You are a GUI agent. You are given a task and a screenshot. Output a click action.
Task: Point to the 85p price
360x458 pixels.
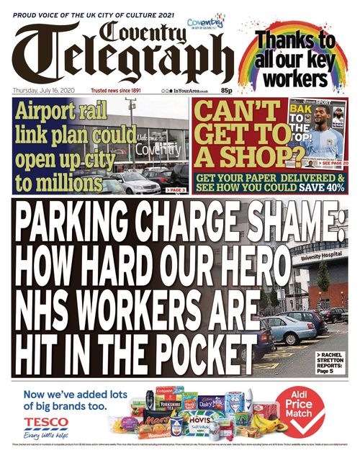pos(226,91)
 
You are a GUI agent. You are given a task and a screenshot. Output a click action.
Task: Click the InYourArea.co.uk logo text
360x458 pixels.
pos(189,91)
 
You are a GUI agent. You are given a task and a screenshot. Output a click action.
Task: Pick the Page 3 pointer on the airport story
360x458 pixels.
pos(176,190)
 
